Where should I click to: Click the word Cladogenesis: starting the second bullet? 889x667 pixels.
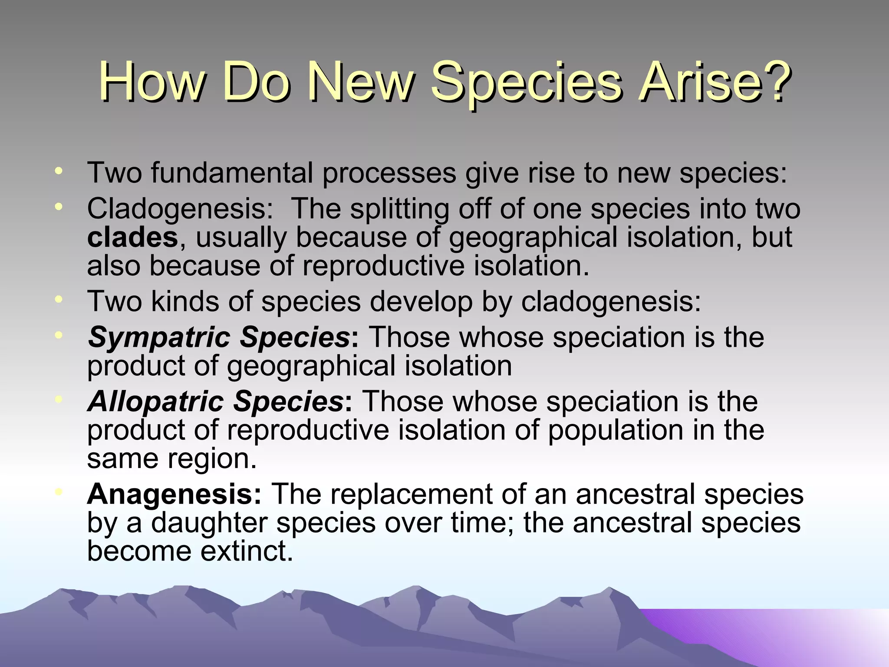[180, 209]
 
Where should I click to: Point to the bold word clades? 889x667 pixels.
[132, 238]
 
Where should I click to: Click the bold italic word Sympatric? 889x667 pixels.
[158, 337]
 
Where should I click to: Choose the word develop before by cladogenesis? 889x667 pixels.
[421, 302]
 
